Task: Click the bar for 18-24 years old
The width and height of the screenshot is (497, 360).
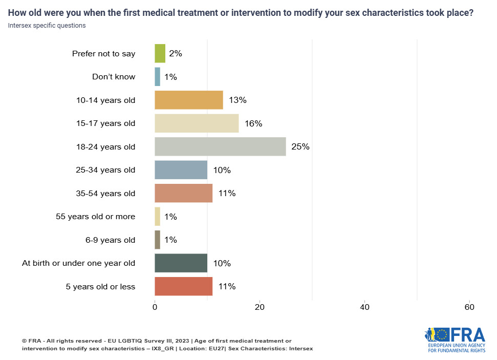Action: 220,146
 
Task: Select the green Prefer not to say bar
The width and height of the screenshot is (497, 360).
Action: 160,53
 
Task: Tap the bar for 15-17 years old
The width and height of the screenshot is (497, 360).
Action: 197,123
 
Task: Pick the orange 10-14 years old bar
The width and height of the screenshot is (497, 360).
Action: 189,100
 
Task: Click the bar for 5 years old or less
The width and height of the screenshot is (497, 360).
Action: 183,286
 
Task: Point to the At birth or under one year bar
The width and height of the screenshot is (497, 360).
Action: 181,263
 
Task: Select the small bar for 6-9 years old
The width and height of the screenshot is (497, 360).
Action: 158,240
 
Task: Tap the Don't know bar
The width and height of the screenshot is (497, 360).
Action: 158,77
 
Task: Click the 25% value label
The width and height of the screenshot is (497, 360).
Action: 300,147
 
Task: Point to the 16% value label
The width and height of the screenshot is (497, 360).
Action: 253,123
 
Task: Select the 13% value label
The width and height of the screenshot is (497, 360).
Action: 237,100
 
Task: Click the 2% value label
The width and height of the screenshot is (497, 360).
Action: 176,53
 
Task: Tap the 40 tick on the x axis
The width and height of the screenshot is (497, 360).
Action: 364,307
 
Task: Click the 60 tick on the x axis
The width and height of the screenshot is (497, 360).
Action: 469,307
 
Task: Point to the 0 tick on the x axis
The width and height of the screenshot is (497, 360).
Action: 155,307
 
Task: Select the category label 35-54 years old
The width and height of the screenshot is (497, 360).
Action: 105,193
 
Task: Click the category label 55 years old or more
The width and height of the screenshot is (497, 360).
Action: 95,217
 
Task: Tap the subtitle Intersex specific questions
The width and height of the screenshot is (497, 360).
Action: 47,25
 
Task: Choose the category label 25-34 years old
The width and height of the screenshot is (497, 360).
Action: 105,170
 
